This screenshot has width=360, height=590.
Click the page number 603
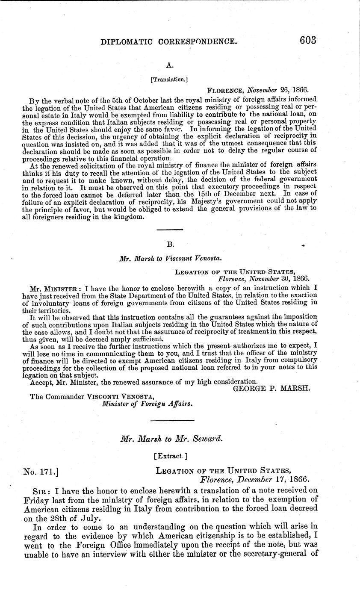302,41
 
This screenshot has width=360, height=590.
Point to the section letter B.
170,245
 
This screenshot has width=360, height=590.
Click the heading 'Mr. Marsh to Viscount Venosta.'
170,258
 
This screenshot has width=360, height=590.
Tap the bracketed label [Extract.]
170,456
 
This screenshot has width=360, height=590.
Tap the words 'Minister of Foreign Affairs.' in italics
145,402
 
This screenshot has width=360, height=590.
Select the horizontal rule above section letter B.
170,230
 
